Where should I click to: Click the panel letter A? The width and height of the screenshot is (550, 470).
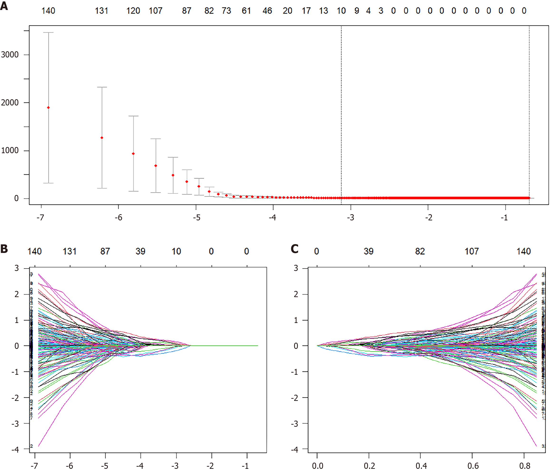[x=4, y=6]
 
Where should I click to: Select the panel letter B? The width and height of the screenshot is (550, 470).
[x=4, y=249]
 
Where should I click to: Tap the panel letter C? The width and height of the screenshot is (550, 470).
[x=294, y=249]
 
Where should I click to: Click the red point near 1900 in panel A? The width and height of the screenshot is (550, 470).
[x=48, y=108]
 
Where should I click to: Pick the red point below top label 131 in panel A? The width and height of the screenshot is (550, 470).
[x=102, y=138]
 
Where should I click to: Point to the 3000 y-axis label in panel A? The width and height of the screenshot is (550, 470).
[x=10, y=55]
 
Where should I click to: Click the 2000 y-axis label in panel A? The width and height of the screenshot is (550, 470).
[x=10, y=103]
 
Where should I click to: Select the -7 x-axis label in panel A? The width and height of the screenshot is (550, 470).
[x=40, y=218]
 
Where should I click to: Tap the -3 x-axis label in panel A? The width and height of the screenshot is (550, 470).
[x=350, y=218]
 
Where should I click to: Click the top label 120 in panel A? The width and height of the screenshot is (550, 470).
[x=133, y=11]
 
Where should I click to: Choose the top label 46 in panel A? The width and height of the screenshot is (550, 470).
[x=267, y=11]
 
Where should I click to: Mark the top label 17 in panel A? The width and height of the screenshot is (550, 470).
[x=306, y=11]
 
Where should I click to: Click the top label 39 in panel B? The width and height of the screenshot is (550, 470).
[x=140, y=252]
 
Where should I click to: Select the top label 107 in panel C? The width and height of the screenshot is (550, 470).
[x=472, y=252]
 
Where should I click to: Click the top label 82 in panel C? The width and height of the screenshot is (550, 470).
[x=420, y=252]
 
